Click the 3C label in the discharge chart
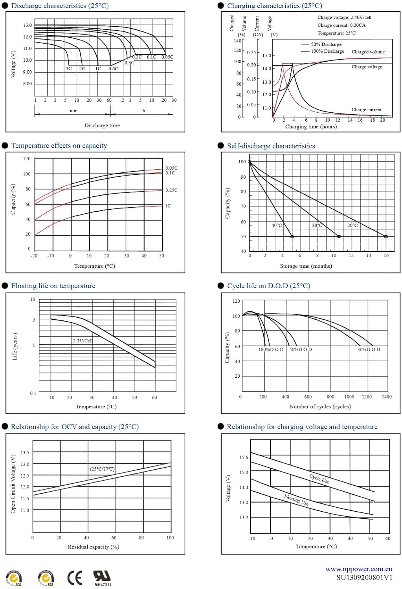tap(69, 69)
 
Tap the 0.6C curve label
tap(113, 69)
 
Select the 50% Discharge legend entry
tap(326, 44)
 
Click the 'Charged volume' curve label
tap(368, 52)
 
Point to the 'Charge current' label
tap(366, 110)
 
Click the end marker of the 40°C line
tap(292, 236)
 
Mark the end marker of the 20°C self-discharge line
tap(386, 236)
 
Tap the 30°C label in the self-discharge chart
tap(317, 225)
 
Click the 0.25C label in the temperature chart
tap(171, 190)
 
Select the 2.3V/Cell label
tap(83, 340)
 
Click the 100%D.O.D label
tap(271, 349)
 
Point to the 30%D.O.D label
tap(369, 349)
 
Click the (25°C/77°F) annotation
tap(102, 469)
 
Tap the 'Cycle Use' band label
tap(319, 478)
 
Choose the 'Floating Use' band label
tap(296, 500)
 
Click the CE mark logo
tap(75, 578)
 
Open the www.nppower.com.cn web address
tap(358, 569)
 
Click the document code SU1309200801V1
tap(364, 577)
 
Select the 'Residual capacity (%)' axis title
tap(93, 547)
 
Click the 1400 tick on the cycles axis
tap(387, 397)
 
